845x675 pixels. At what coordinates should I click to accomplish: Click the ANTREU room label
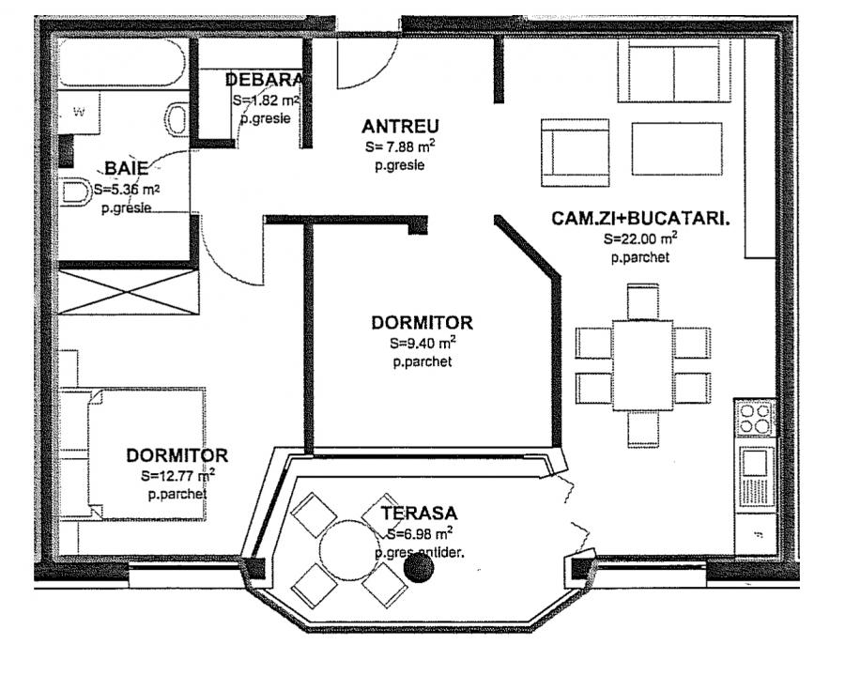[x=401, y=127]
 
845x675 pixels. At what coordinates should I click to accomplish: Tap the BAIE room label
[x=126, y=168]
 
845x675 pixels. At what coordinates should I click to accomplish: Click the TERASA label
[x=419, y=514]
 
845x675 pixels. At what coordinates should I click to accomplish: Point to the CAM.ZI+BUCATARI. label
[x=641, y=219]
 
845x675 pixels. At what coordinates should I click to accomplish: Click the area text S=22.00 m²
[x=641, y=238]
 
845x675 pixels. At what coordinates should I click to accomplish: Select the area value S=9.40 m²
[x=422, y=343]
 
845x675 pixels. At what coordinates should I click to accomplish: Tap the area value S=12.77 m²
[x=178, y=475]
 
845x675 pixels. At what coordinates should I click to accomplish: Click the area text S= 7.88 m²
[x=400, y=147]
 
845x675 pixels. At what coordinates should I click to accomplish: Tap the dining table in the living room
[x=642, y=364]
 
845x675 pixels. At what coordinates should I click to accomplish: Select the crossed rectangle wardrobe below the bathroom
[x=129, y=292]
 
